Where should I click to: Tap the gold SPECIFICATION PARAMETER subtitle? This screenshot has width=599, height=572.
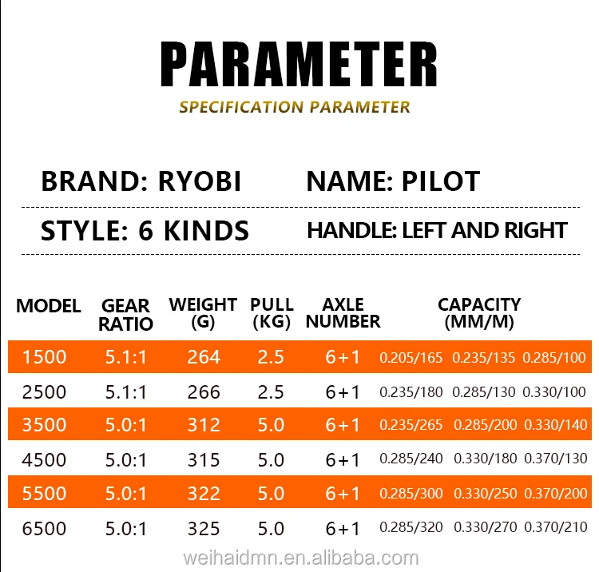295,107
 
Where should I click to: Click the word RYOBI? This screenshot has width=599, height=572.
193,181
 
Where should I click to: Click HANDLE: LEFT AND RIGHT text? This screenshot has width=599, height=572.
437,231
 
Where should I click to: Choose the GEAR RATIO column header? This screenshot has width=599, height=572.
126,315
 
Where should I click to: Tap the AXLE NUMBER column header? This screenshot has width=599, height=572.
343,313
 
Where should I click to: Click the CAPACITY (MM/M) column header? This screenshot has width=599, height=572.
479,313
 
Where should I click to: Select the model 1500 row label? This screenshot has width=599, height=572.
45,357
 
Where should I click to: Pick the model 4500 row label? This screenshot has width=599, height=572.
45,459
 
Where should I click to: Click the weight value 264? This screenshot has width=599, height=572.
204,357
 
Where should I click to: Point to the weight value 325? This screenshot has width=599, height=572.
204,528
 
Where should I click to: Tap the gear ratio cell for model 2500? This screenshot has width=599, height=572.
126,392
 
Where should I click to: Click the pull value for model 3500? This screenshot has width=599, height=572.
272,425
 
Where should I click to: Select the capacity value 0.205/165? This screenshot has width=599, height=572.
411,357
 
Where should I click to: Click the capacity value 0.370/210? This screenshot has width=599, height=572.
555,528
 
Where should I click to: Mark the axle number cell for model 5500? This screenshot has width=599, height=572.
343,494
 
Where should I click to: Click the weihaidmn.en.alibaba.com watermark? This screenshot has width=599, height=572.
299,558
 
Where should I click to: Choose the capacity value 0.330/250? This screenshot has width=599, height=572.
485,494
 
